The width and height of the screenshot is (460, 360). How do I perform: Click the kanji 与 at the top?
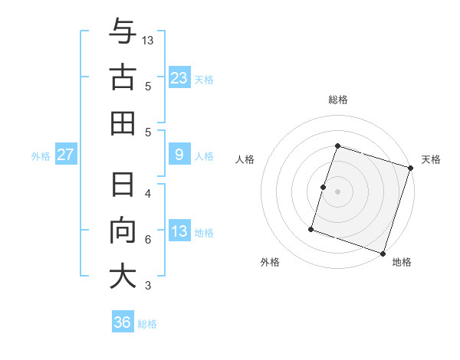pos(123,33)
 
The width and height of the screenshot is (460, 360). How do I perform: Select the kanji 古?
pos(123,77)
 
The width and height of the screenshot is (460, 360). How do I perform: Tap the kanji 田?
pos(123,123)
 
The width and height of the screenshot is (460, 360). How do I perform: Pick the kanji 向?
pos(123,231)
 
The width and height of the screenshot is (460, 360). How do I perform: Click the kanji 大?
pos(123,277)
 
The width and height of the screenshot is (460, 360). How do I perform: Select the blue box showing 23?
pos(179,78)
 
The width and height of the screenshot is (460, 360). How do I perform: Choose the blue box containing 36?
pos(123,322)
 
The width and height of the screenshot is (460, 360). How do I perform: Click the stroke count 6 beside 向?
pos(148,240)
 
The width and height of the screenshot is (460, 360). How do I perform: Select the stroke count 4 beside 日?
pos(148,193)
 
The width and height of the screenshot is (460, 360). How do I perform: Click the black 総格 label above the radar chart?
pos(337,100)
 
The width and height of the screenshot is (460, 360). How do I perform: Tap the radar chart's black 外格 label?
pos(270,263)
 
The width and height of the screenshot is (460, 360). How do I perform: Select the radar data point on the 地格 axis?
pos(383,253)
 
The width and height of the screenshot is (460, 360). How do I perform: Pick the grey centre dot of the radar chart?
pos(337,191)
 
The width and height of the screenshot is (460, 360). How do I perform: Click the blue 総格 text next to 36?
pos(147,324)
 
